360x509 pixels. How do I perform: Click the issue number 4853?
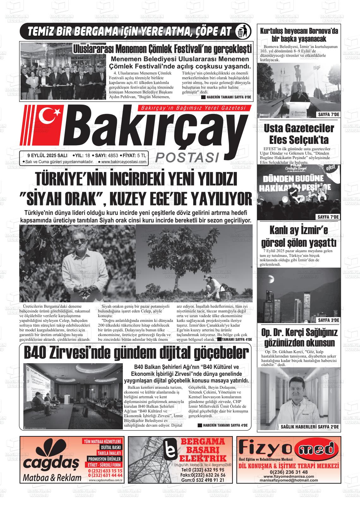point(113,155)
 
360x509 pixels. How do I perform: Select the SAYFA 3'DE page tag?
point(328,320)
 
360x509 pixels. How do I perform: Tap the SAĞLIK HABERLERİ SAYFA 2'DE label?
point(309,427)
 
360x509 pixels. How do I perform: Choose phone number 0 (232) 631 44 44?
point(105,475)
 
